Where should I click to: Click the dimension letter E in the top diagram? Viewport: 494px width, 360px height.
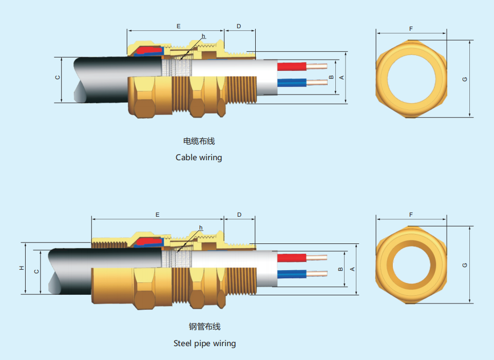click(178, 26)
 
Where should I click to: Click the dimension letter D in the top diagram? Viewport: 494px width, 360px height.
click(239, 26)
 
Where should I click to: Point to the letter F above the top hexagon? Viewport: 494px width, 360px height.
click(411, 29)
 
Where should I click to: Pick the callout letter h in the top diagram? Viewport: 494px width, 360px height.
click(203, 36)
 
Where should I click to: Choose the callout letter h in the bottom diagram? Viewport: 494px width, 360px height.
click(201, 228)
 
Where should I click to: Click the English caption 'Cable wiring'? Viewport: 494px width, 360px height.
click(199, 157)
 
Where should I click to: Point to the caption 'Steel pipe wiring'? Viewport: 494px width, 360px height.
click(204, 343)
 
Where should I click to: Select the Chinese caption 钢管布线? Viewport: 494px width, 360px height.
click(204, 327)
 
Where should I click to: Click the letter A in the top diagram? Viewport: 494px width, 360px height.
click(341, 77)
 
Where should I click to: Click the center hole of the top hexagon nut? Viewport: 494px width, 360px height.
click(411, 79)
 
